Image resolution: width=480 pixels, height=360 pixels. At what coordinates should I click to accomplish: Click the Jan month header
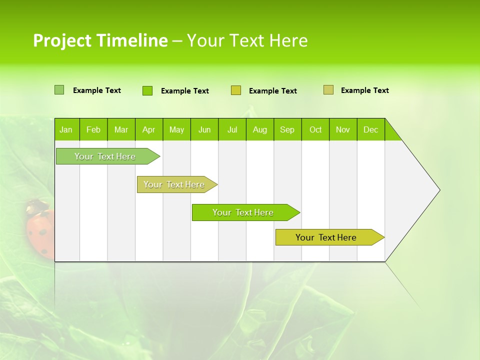[x=66, y=129]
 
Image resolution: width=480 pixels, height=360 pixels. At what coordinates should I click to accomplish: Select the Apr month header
[x=149, y=129]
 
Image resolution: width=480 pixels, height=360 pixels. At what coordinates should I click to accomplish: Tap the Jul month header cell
[x=232, y=129]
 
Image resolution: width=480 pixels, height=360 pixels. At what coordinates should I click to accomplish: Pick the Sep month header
[x=287, y=129]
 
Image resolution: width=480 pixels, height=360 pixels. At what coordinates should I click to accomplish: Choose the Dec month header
[x=371, y=129]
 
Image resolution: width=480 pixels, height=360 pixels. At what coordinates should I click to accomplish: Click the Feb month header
[x=93, y=129]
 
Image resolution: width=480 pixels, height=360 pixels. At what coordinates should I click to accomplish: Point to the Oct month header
[x=315, y=129]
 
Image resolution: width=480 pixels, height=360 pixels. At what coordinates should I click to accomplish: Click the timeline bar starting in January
[x=105, y=156]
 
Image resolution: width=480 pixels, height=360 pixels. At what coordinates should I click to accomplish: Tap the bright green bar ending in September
[x=243, y=212]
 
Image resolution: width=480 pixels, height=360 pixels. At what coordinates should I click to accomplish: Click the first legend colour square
[x=59, y=90]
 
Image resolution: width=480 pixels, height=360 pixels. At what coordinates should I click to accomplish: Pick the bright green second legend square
[x=147, y=90]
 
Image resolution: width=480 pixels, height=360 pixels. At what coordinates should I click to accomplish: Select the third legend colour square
[x=236, y=90]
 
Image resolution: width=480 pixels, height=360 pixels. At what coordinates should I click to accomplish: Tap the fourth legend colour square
[x=328, y=90]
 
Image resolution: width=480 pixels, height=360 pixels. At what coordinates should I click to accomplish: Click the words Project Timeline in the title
[x=100, y=40]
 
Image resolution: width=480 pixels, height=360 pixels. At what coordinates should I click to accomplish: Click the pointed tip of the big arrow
[x=438, y=190]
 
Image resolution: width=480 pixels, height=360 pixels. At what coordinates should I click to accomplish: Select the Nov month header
[x=343, y=129]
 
